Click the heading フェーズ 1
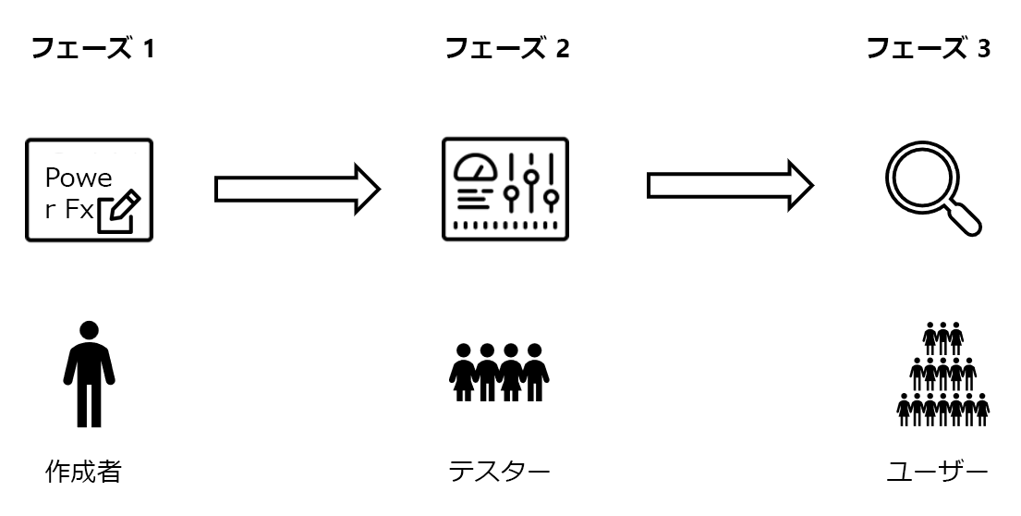[92, 48]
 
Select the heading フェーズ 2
[507, 48]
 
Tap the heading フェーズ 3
[928, 48]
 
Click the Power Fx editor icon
[89, 190]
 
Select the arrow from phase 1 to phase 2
[297, 188]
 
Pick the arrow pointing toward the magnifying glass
[729, 186]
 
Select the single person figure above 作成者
[89, 374]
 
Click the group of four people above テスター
[499, 371]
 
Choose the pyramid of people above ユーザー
[943, 374]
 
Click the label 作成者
[84, 473]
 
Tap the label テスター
[499, 473]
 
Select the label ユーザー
[936, 473]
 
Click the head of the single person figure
[89, 331]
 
